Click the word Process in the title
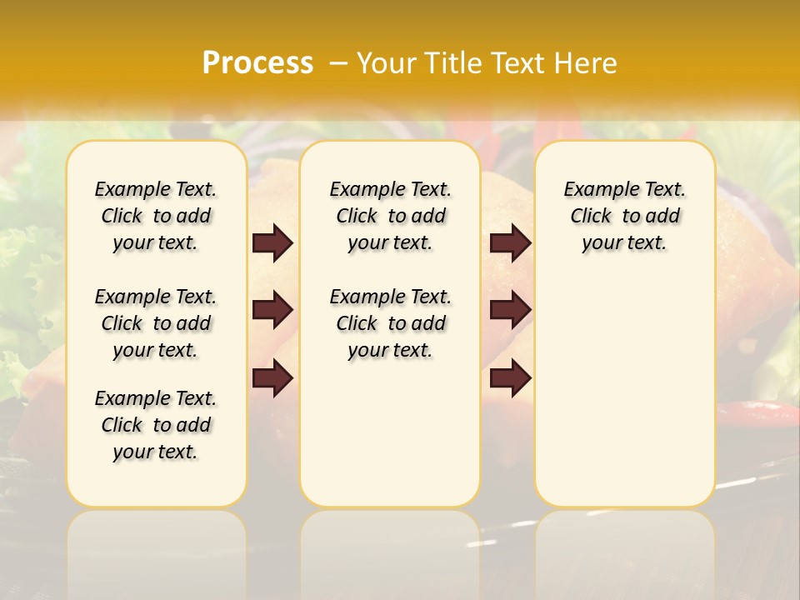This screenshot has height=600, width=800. [x=257, y=63]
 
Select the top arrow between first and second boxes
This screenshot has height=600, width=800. [x=272, y=243]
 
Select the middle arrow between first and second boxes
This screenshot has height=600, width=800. [x=272, y=310]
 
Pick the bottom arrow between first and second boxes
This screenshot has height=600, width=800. [x=272, y=379]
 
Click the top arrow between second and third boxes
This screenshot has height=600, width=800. [x=510, y=243]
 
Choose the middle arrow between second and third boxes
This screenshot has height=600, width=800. [x=510, y=310]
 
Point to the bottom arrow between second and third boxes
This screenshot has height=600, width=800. [x=510, y=379]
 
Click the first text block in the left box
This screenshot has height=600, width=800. [x=156, y=216]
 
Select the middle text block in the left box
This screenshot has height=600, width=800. [x=156, y=323]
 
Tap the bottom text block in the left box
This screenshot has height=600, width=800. [x=156, y=425]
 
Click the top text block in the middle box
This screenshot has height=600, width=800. [x=390, y=216]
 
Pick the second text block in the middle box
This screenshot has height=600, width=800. [x=390, y=323]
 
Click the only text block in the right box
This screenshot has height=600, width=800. [x=624, y=216]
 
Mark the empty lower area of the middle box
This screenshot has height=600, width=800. [x=390, y=433]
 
